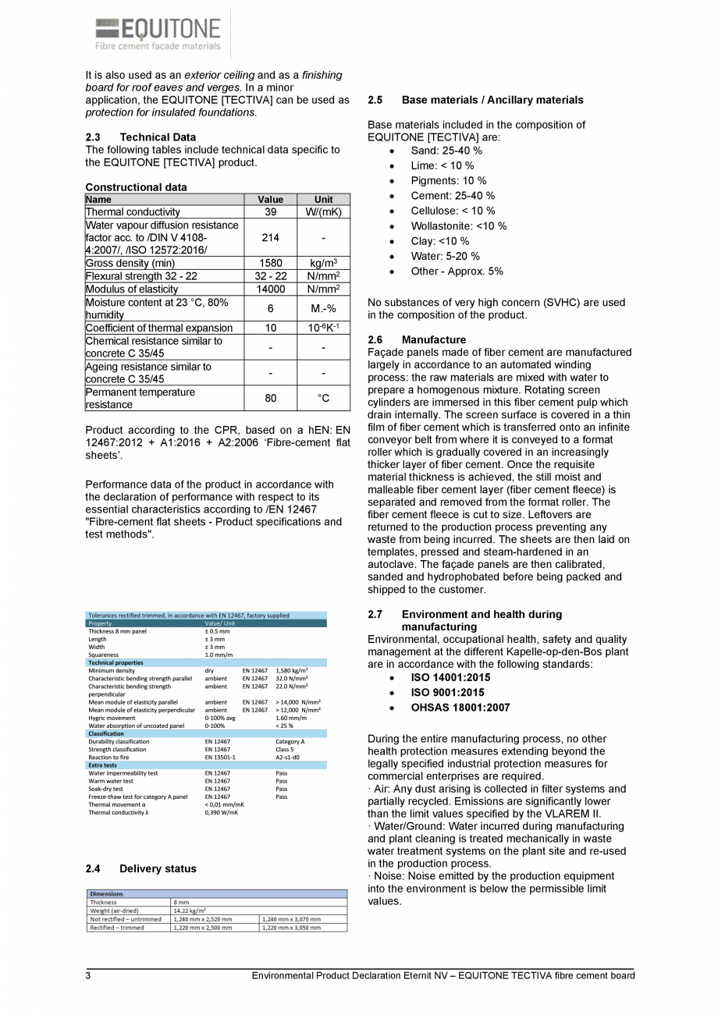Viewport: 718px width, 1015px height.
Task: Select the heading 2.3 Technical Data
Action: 140,137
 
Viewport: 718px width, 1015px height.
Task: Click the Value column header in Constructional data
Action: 271,200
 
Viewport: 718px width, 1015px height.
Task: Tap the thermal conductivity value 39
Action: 271,212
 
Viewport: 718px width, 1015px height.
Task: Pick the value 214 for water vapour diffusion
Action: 271,237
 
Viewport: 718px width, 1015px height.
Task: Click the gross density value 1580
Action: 271,264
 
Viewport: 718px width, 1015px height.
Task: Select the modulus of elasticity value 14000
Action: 271,289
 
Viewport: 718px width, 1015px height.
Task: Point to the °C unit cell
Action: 323,399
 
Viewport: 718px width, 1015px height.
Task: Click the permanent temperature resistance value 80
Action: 271,399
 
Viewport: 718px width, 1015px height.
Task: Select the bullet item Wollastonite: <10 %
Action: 458,226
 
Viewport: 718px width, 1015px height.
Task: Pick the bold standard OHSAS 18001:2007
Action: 460,708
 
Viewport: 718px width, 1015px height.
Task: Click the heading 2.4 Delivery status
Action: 140,869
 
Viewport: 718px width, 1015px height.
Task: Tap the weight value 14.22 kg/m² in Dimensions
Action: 189,910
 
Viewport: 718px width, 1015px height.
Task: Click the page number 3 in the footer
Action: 88,976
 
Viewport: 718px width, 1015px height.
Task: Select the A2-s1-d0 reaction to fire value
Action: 286,757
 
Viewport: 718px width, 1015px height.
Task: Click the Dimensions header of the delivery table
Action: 106,894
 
